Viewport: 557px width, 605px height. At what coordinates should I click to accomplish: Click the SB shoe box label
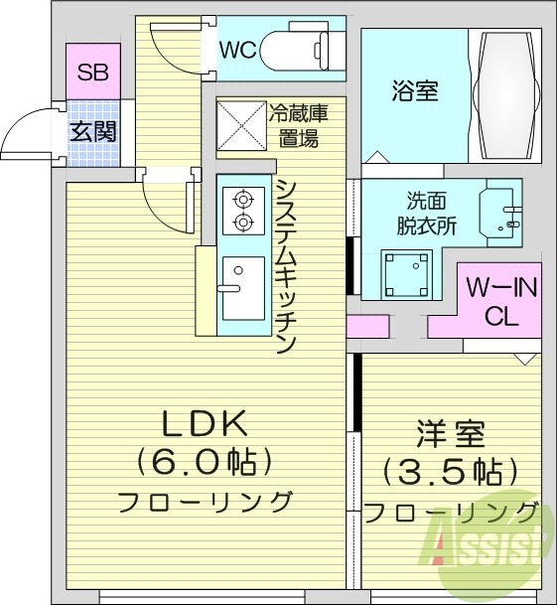click(92, 72)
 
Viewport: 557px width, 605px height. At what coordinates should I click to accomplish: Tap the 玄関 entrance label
click(92, 130)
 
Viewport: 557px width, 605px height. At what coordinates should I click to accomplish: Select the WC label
click(238, 49)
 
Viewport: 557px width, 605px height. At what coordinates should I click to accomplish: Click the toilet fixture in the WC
click(298, 48)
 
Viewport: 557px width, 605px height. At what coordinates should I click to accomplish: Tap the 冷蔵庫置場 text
click(298, 125)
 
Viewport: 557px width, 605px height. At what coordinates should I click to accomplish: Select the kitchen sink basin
click(242, 286)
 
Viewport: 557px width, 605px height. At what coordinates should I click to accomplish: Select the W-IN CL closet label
click(501, 302)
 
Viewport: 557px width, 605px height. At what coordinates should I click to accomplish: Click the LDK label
click(204, 424)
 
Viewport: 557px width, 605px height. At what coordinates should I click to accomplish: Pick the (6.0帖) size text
click(204, 462)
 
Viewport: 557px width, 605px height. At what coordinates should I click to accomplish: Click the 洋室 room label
click(450, 434)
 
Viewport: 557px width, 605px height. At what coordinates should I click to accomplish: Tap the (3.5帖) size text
click(450, 470)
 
